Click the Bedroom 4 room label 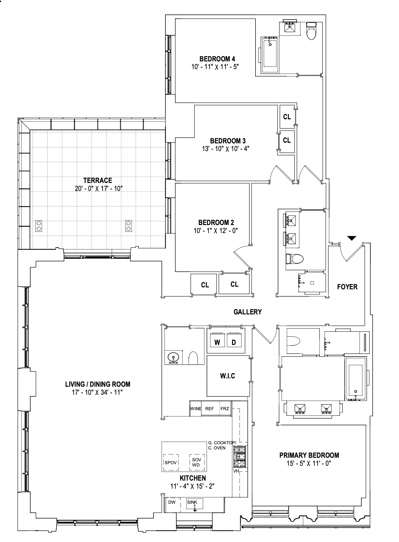[x=217, y=59]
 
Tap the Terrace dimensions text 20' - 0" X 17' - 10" [x=98, y=189]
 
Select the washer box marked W [x=217, y=342]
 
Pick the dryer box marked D [x=234, y=342]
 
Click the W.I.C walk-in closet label [x=227, y=376]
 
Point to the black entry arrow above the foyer [x=352, y=238]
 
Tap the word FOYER [x=347, y=287]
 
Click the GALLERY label [x=247, y=312]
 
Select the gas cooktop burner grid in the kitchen [x=239, y=456]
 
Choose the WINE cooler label [x=196, y=409]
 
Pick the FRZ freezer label [x=225, y=409]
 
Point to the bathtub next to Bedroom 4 [x=270, y=55]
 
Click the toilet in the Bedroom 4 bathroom [x=311, y=32]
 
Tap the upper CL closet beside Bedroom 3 [x=287, y=117]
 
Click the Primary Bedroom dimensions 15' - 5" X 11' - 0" [x=309, y=463]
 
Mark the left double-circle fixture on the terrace [x=39, y=226]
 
